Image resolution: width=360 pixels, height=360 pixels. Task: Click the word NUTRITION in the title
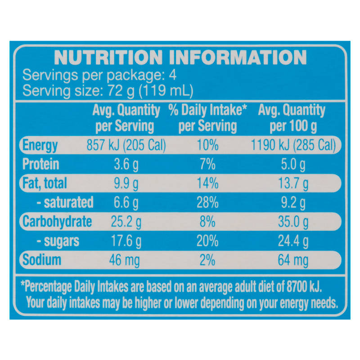(x=108, y=58)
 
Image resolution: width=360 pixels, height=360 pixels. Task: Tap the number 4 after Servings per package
(x=173, y=75)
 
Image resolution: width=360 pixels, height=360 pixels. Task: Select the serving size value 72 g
(x=121, y=91)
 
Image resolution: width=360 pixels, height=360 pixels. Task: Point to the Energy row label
(x=40, y=146)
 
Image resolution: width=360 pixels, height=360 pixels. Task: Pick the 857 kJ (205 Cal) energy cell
(x=126, y=145)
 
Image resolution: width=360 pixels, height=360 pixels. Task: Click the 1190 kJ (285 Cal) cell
(x=293, y=145)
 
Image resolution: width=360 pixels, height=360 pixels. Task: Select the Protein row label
(x=40, y=164)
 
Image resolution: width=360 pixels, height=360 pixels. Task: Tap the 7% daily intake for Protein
(x=207, y=164)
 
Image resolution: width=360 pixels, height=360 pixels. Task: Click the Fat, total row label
(x=45, y=184)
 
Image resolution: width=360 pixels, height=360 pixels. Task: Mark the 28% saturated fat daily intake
(x=207, y=203)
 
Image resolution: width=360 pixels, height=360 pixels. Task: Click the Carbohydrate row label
(x=57, y=222)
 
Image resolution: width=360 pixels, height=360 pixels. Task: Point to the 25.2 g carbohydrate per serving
(x=126, y=222)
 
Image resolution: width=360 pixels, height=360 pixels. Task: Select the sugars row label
(x=58, y=241)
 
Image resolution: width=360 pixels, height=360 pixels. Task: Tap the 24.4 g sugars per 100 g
(x=293, y=242)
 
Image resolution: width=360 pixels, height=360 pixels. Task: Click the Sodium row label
(x=42, y=260)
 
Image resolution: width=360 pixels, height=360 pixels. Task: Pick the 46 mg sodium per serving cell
(x=124, y=261)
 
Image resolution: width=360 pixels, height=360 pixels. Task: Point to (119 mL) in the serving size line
(x=166, y=91)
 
